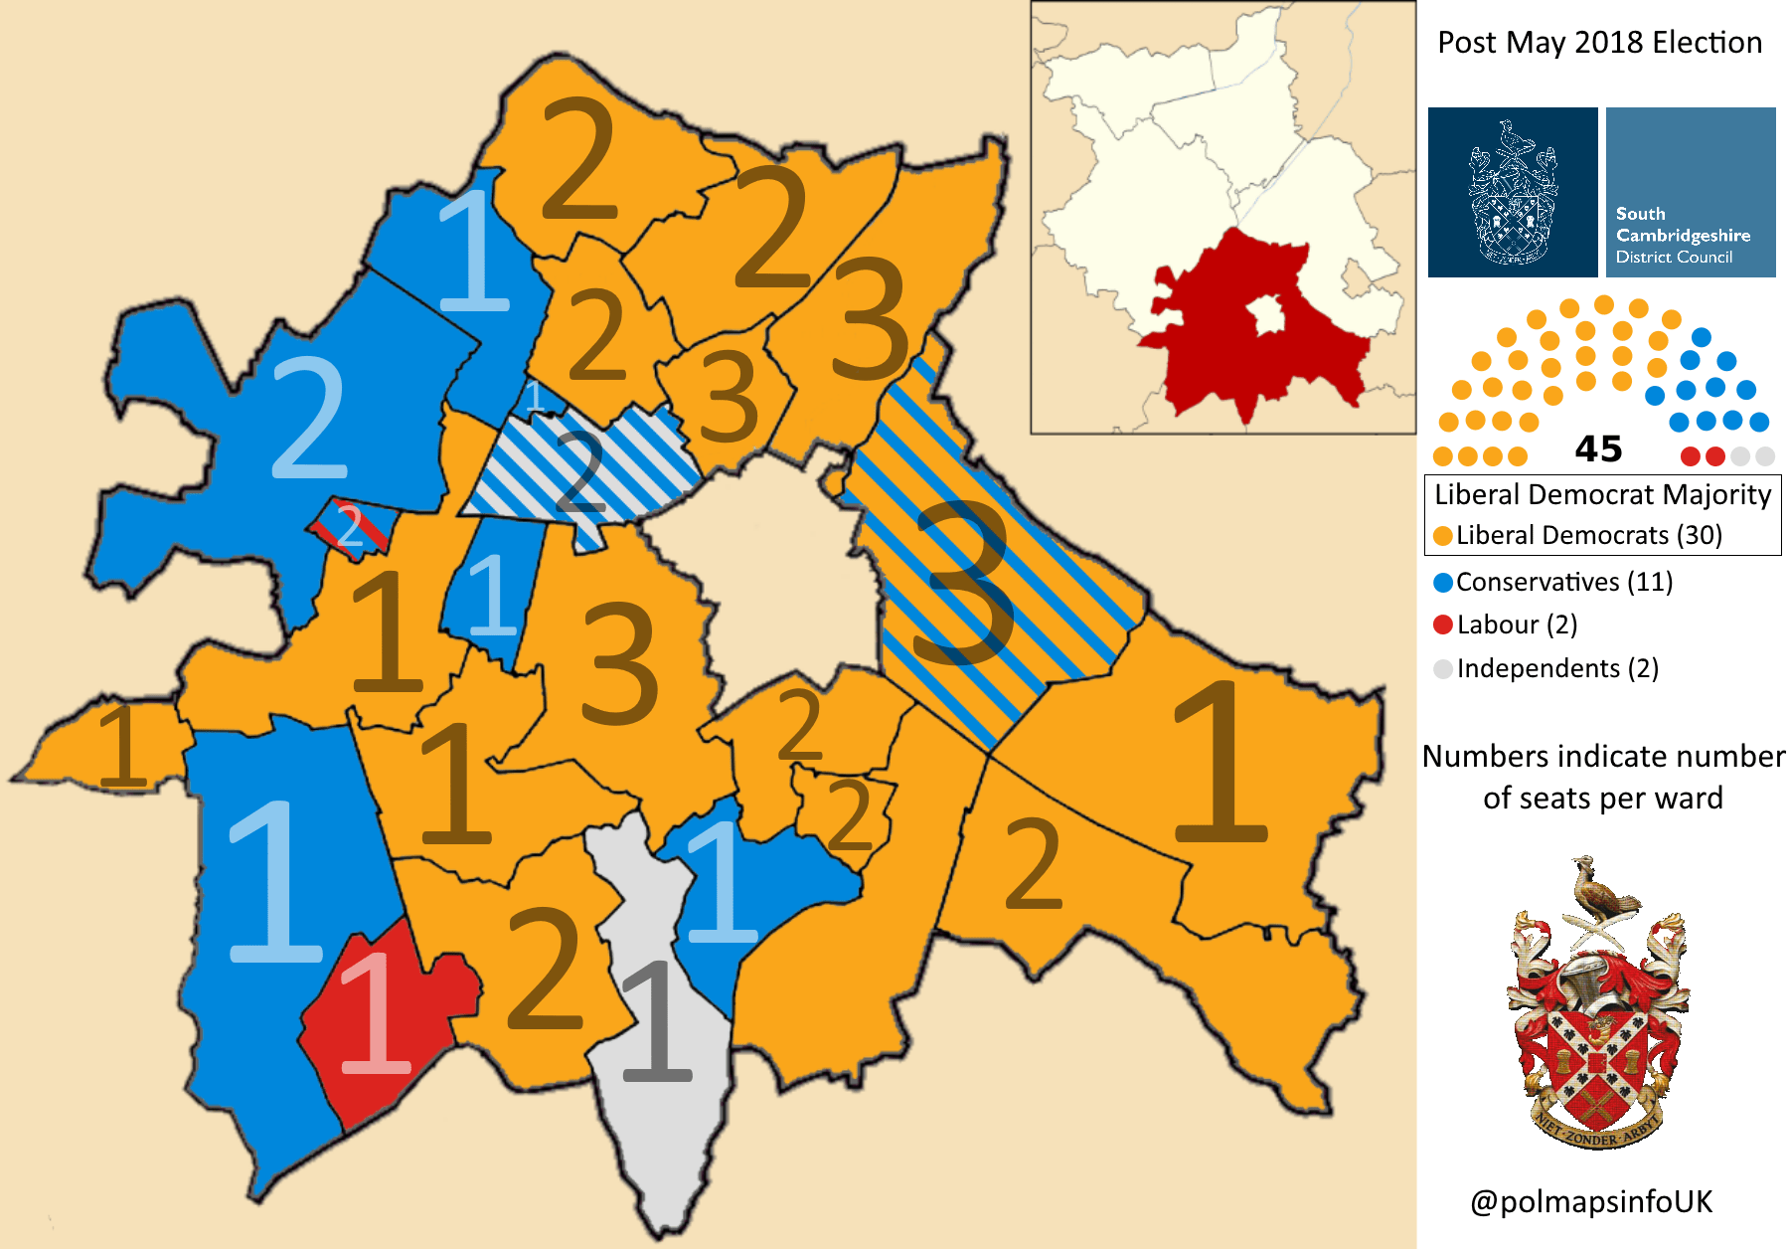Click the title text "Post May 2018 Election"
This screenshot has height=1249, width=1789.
pyautogui.click(x=1599, y=43)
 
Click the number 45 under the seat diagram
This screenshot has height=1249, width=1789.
pyautogui.click(x=1598, y=449)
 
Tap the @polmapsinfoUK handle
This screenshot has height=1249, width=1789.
pyautogui.click(x=1591, y=1201)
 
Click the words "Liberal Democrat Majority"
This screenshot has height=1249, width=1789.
pyautogui.click(x=1602, y=494)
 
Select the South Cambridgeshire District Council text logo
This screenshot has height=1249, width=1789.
pyautogui.click(x=1691, y=192)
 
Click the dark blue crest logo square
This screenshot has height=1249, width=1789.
pyautogui.click(x=1513, y=192)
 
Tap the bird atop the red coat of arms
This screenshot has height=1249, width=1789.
pyautogui.click(x=1600, y=890)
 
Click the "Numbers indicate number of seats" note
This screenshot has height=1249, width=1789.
pyautogui.click(x=1602, y=777)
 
